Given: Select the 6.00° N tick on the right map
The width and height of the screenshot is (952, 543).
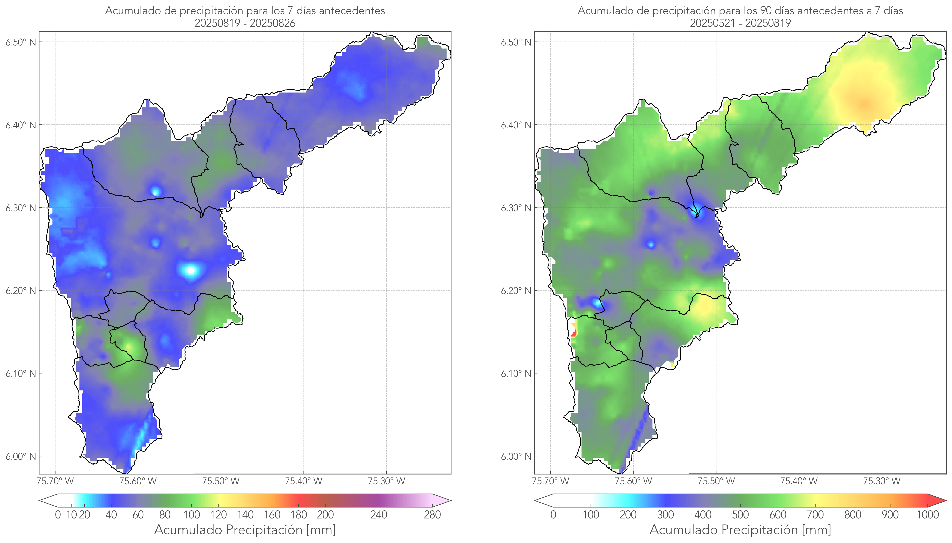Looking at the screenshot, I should pos(516,457).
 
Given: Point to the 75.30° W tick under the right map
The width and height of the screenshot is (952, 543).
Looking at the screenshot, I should pos(882,481).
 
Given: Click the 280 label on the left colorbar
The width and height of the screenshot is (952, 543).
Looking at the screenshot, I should pos(432,515).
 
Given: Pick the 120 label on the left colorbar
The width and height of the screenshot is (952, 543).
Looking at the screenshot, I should pos(218,515).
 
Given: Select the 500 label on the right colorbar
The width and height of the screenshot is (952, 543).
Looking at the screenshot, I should pos(740,515).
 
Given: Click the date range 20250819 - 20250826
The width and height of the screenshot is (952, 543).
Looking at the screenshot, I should pos(245,23).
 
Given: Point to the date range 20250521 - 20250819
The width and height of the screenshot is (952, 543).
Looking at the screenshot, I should pos(740,23).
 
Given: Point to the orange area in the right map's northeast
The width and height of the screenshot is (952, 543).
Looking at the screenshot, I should pos(864,103).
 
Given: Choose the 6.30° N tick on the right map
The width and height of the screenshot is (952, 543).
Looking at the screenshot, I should pos(516,208).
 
